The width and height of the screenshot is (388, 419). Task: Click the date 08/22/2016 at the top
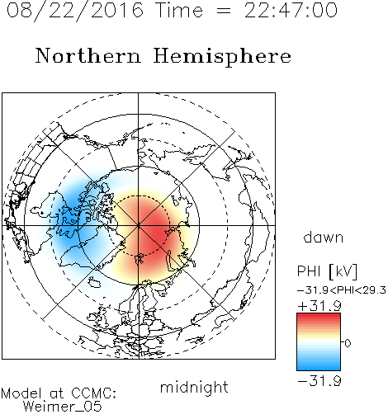(75, 11)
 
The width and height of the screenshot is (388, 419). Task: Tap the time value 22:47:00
(291, 11)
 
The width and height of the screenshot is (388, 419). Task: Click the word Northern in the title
(88, 55)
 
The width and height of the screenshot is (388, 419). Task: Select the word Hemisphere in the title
(222, 57)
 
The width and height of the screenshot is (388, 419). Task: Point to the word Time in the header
(179, 11)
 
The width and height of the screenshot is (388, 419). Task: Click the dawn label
(324, 237)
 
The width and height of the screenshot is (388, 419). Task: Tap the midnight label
(194, 388)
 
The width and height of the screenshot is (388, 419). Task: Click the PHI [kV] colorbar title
(327, 271)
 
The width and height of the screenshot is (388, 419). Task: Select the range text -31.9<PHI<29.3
(342, 290)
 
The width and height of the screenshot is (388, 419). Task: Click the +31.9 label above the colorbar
(319, 306)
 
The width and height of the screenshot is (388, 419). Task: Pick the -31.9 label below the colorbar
(319, 381)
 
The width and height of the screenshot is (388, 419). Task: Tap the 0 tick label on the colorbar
(348, 343)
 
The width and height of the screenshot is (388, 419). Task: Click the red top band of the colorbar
(319, 317)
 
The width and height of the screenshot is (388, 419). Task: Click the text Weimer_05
(62, 407)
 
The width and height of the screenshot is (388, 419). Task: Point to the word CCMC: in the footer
(93, 393)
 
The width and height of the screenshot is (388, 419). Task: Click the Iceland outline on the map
(94, 283)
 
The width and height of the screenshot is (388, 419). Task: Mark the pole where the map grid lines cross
(139, 225)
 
